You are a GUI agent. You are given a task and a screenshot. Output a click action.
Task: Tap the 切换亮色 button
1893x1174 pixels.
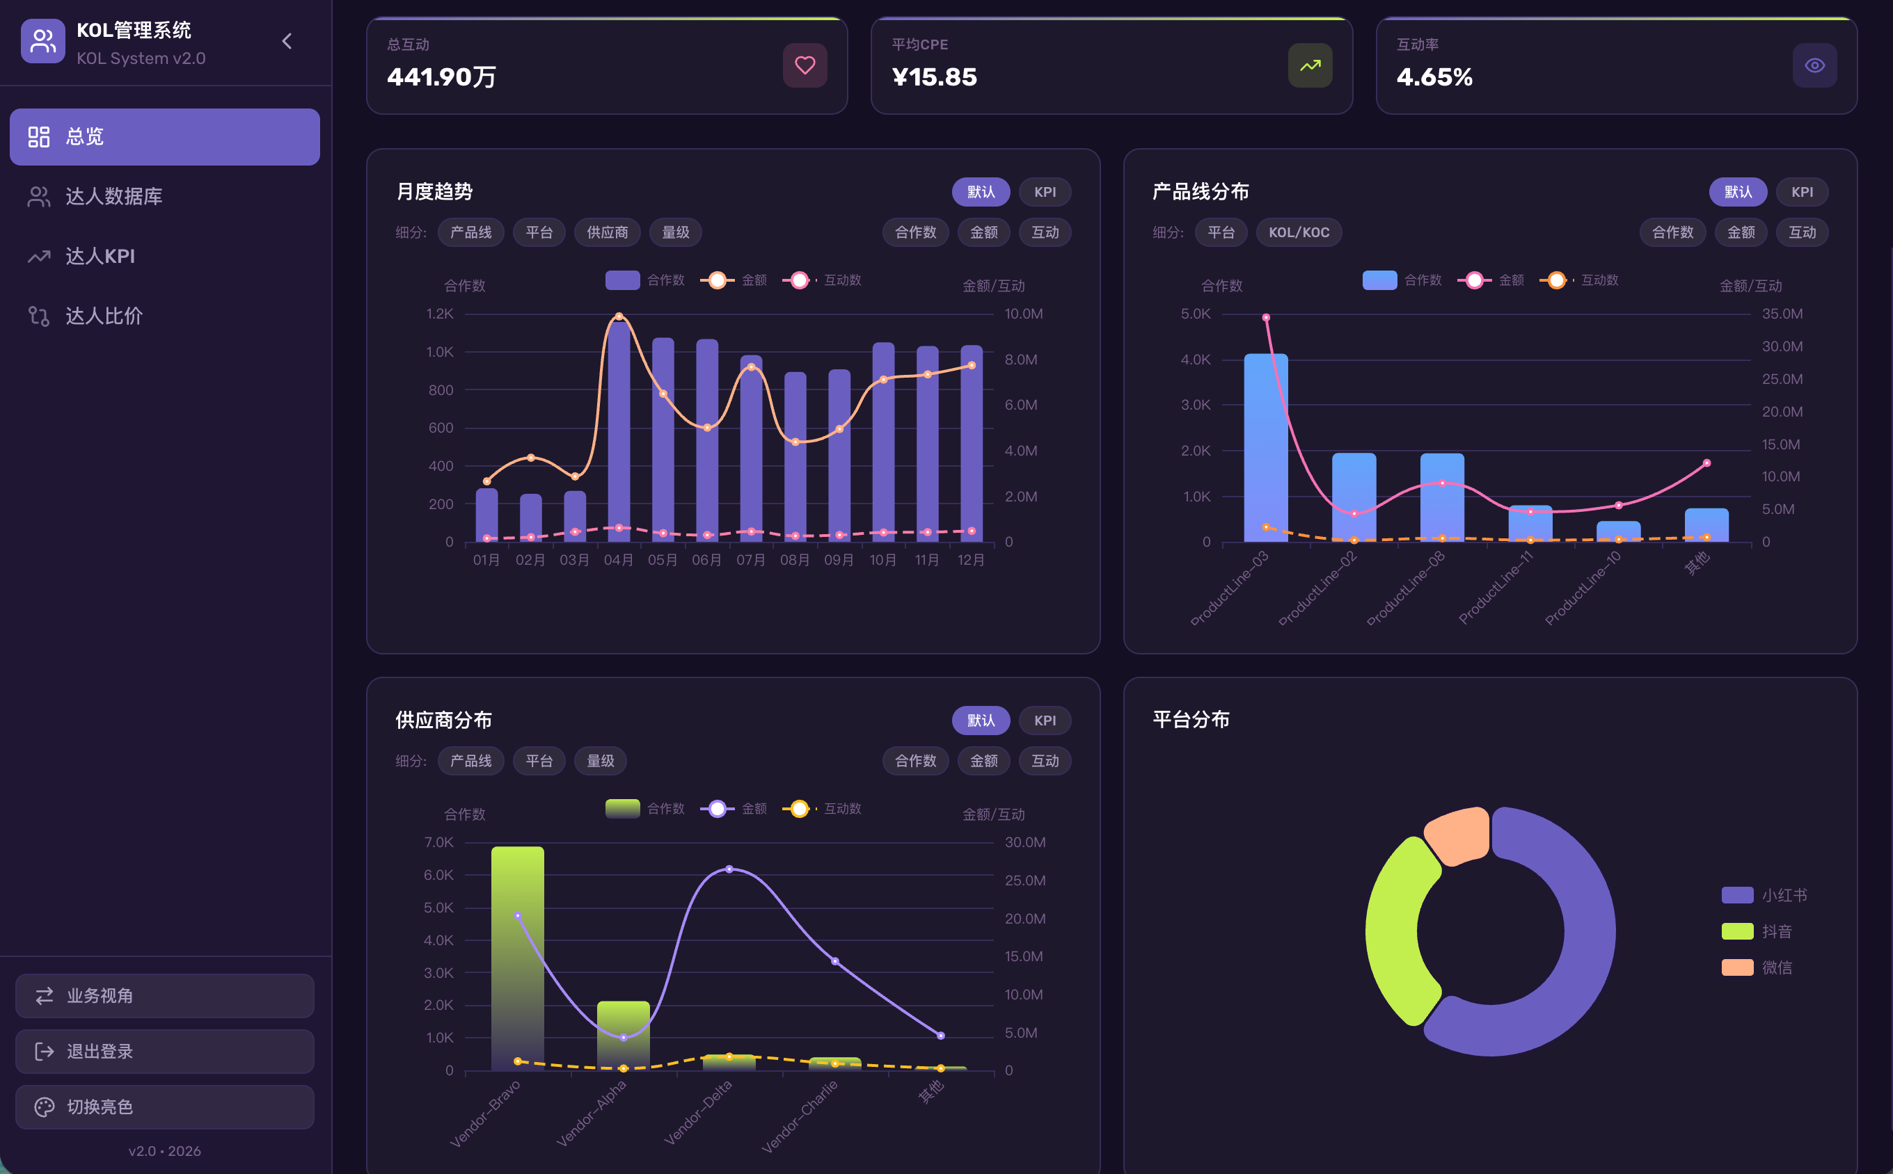coord(165,1107)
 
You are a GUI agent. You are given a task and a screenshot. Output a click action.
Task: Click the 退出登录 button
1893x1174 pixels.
coord(165,1052)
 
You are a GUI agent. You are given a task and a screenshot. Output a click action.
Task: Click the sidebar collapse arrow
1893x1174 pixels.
coord(287,41)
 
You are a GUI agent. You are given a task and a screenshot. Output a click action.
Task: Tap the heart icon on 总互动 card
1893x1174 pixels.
coord(805,65)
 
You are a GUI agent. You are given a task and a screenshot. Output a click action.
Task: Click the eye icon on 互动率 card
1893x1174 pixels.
coord(1814,65)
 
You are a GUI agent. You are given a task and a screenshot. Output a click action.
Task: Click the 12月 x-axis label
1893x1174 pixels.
coord(971,560)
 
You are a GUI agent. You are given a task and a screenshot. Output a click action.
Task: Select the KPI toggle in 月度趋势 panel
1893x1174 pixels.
coord(1045,192)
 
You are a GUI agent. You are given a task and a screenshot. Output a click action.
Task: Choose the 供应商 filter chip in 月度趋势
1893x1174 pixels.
coord(608,232)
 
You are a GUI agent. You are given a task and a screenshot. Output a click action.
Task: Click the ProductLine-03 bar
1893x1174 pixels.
coord(1266,448)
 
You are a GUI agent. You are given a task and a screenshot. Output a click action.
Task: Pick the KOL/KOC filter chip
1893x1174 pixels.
coord(1299,232)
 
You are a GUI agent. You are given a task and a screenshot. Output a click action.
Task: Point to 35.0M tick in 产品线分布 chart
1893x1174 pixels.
coord(1782,314)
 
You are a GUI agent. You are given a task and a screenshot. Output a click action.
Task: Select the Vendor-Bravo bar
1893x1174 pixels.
coord(517,958)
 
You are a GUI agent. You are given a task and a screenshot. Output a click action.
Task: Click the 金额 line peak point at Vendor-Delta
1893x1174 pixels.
coord(729,869)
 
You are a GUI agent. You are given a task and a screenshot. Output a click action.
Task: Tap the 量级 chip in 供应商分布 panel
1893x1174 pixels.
coord(601,761)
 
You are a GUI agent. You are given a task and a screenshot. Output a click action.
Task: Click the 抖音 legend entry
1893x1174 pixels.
coord(1757,931)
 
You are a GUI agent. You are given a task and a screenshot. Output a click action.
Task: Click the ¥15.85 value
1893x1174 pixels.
coord(935,77)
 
